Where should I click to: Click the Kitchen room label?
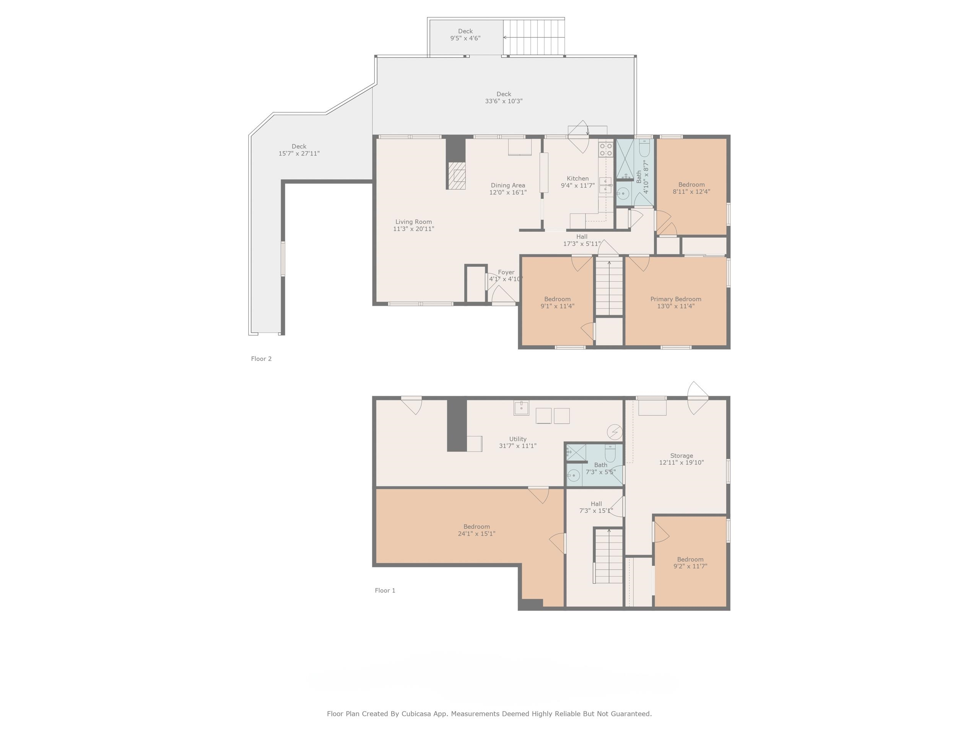pos(577,178)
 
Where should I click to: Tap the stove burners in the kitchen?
pos(605,149)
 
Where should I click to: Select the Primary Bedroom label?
pos(675,299)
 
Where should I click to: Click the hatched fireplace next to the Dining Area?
pos(456,175)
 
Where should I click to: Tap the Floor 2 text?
pos(261,359)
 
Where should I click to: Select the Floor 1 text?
pos(385,590)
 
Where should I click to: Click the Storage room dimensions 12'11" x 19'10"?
pos(681,462)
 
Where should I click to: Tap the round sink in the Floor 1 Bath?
pos(574,476)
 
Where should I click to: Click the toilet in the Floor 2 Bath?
pos(644,148)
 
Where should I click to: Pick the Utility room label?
pos(517,439)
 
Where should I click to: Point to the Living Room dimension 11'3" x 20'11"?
pos(413,229)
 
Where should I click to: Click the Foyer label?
pos(506,272)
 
